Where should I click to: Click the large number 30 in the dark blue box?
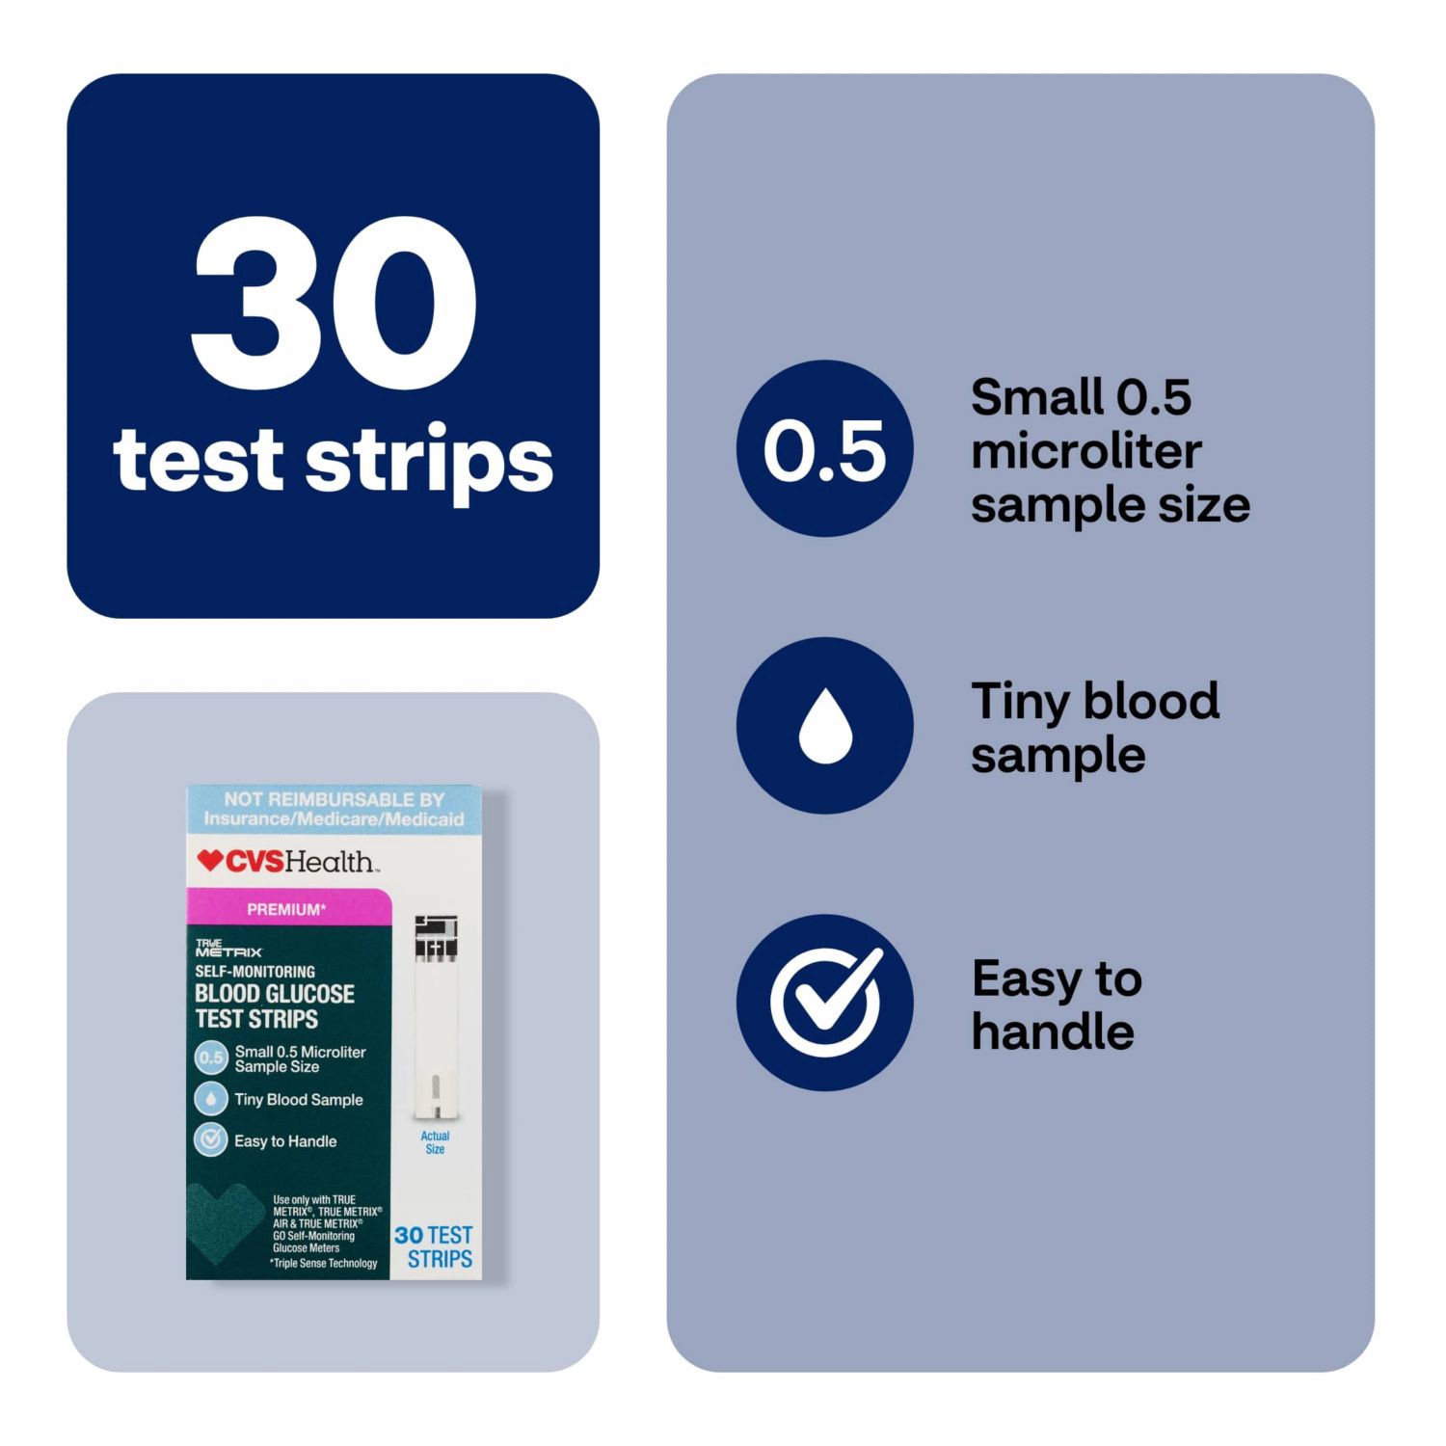[x=334, y=303]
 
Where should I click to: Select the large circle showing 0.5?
[x=824, y=449]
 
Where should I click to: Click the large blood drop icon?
[x=824, y=725]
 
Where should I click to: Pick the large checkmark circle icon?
[x=824, y=1003]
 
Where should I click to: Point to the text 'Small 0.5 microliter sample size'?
[x=1109, y=451]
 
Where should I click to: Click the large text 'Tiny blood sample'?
[x=1094, y=728]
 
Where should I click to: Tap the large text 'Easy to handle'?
[x=1056, y=1004]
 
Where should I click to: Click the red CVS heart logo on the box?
[x=209, y=860]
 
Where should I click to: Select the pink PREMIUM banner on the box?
[x=287, y=909]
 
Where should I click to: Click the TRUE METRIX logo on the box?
[x=228, y=948]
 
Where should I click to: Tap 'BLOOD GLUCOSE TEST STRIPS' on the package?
[x=274, y=1006]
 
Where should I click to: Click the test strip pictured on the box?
[x=436, y=1017]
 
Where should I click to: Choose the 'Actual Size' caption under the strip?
[x=435, y=1142]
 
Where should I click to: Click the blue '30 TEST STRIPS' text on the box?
[x=435, y=1247]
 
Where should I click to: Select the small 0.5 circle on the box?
[x=210, y=1058]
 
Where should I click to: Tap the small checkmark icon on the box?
[x=210, y=1140]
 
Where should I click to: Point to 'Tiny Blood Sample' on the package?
[x=298, y=1100]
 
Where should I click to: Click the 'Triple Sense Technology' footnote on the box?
[x=324, y=1263]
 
